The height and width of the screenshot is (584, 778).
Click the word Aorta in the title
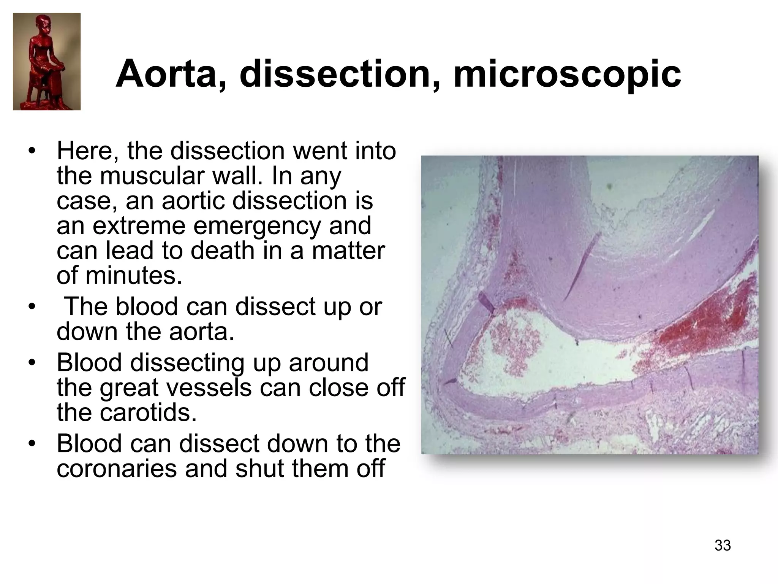click(166, 73)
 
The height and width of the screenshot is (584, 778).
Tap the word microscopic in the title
click(567, 73)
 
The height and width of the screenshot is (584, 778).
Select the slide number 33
click(723, 545)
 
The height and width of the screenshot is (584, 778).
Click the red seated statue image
click(47, 62)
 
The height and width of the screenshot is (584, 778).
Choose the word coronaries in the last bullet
click(116, 468)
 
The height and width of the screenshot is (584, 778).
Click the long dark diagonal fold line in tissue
click(581, 266)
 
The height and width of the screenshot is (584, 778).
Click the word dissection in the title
click(334, 73)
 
